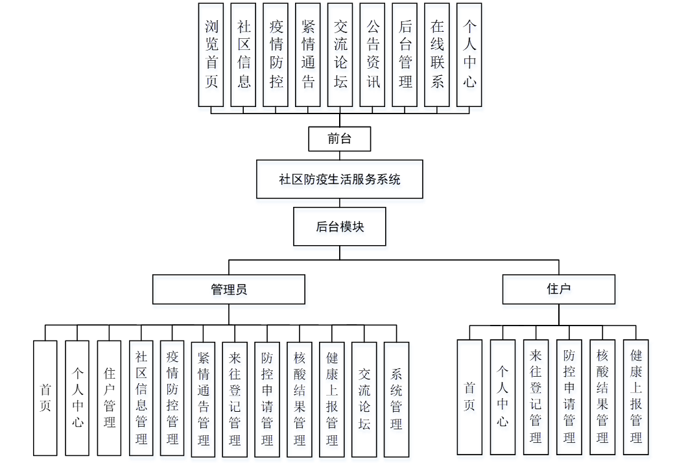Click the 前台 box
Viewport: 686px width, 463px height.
point(340,139)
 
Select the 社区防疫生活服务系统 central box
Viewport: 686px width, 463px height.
point(340,179)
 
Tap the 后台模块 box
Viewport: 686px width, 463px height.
point(340,226)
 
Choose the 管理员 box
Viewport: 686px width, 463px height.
point(228,289)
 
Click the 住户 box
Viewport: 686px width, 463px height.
point(558,289)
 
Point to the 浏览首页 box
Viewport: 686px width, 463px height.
point(211,54)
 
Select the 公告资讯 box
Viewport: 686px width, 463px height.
point(373,54)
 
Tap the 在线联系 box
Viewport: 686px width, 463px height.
point(437,54)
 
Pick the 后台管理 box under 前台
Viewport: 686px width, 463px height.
point(405,54)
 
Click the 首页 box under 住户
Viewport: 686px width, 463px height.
point(469,396)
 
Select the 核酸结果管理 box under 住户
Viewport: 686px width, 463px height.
point(602,396)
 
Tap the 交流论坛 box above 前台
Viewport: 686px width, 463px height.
point(340,54)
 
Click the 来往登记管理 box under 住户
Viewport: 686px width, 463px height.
point(536,396)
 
